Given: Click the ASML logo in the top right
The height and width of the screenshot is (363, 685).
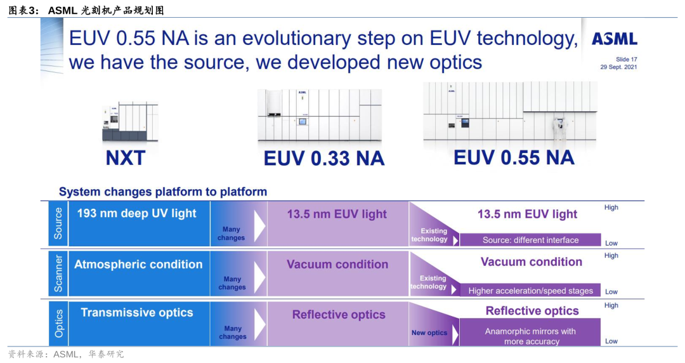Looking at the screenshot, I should [614, 39].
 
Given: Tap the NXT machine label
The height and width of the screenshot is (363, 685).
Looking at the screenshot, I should [126, 157].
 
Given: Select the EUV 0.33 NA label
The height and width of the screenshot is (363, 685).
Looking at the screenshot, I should [324, 158].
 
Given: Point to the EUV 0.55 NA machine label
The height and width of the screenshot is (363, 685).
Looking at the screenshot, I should [514, 157].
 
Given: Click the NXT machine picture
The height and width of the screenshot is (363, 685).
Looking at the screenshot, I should [129, 121].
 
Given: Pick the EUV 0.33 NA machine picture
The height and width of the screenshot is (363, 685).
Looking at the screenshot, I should [319, 115].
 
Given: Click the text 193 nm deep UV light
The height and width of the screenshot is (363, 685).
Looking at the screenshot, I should [137, 213].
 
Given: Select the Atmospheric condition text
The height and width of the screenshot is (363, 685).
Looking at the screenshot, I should [138, 264].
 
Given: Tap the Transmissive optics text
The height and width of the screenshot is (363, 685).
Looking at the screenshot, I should [137, 312].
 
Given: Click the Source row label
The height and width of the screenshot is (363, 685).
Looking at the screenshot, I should [58, 223].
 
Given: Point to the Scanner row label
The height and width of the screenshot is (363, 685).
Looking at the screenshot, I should [58, 273].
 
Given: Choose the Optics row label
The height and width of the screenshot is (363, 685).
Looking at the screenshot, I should [58, 323].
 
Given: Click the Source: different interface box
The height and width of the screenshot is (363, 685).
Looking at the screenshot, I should [530, 240].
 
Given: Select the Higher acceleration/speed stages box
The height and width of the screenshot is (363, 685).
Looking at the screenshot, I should [530, 291].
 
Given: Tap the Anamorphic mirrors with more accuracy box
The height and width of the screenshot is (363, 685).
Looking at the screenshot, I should [530, 336].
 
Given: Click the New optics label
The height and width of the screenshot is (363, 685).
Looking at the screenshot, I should [429, 333].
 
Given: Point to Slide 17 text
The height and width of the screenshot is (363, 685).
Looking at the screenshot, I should [626, 59].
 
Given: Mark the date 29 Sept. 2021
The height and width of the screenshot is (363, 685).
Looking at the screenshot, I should [618, 67].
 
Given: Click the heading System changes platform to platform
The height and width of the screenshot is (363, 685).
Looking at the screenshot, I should [163, 192].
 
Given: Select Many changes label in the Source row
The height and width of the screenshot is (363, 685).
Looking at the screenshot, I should [231, 234].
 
